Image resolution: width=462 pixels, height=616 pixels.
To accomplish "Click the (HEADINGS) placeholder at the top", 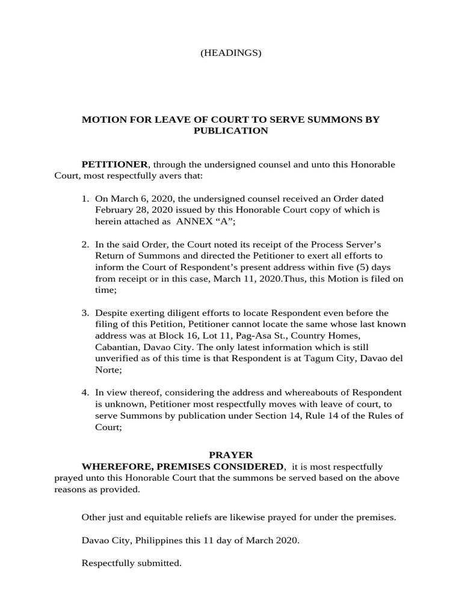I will pos(231,53).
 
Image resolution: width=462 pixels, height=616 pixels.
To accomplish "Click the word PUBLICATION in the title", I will pos(230,131).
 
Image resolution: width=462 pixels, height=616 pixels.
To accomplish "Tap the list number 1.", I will pos(85,199).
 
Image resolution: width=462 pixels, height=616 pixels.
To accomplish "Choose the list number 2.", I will pos(85,245).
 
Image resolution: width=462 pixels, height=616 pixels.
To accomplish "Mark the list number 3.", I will pos(85,313).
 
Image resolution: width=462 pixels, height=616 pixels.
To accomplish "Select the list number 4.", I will pos(85,393).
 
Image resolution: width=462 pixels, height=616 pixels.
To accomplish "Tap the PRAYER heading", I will pos(231,455).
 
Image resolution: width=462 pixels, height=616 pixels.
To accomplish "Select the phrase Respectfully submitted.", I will pos(131,564).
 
